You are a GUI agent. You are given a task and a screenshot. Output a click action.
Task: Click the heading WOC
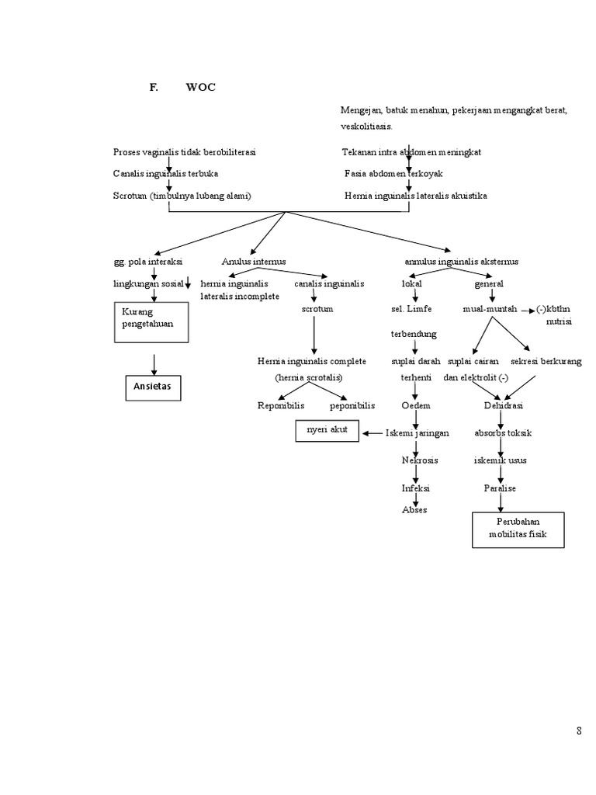click(x=200, y=88)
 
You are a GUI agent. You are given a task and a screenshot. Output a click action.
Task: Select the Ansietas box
click(x=153, y=387)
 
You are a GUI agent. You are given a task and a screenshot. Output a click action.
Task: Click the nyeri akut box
click(x=327, y=431)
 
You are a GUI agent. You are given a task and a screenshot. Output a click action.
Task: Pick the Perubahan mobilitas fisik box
click(x=518, y=528)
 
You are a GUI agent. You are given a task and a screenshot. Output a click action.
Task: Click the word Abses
click(x=414, y=509)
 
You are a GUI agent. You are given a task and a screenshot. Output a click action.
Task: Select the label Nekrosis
click(x=419, y=460)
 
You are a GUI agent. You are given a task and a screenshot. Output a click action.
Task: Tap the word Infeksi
click(x=415, y=488)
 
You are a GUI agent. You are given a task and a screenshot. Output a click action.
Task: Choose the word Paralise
click(x=501, y=488)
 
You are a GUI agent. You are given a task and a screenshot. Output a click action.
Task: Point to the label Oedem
click(x=415, y=405)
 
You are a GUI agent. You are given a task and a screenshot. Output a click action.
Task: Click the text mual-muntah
click(x=490, y=308)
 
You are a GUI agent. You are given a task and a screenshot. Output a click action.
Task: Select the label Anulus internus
click(x=254, y=262)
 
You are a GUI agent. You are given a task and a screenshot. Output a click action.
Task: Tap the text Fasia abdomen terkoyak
click(x=393, y=174)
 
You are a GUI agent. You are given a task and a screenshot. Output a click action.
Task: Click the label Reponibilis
click(x=281, y=405)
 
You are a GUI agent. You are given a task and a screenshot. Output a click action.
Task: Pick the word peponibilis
click(x=352, y=405)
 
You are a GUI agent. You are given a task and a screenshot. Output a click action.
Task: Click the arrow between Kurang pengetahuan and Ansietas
click(x=154, y=363)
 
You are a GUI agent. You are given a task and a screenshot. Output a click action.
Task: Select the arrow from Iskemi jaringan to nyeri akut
click(x=372, y=433)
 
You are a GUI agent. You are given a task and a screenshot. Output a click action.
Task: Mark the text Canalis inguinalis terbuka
click(x=165, y=174)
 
